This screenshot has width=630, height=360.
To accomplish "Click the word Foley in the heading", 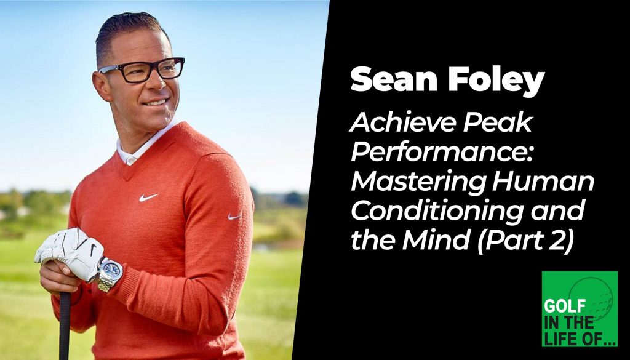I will pos(485,81).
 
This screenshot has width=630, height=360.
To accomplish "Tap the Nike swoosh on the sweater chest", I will pos(148,198).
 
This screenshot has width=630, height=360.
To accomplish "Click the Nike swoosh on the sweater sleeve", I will pos(234,216).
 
